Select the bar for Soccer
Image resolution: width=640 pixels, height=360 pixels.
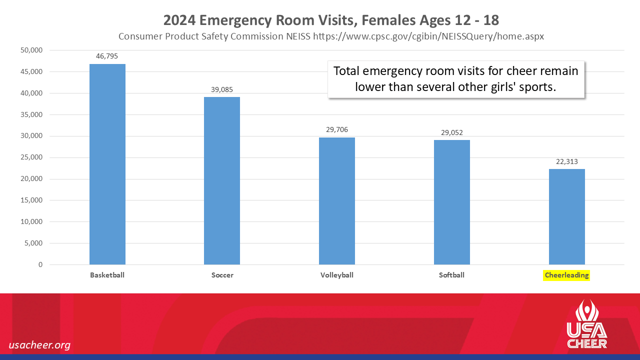click(222, 180)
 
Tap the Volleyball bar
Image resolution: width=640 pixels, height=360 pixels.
click(337, 201)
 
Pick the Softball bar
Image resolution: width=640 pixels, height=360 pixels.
click(452, 202)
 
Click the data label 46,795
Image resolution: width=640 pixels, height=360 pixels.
click(107, 56)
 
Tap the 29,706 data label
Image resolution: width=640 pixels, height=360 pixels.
click(337, 129)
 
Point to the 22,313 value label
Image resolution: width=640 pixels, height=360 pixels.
click(567, 161)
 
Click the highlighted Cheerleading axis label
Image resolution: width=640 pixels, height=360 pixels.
click(567, 275)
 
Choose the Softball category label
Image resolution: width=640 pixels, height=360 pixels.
click(452, 275)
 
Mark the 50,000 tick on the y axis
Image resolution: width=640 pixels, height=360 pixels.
click(32, 50)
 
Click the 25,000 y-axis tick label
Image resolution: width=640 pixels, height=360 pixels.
click(32, 157)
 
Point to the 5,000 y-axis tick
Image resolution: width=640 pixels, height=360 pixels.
click(34, 243)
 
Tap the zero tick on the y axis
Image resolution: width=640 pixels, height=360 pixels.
click(40, 264)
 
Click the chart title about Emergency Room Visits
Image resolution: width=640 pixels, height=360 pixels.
click(331, 20)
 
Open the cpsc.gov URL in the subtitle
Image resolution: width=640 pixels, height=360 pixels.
click(428, 36)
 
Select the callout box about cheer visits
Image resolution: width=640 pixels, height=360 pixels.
click(456, 78)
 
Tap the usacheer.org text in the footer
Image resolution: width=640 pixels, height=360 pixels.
click(39, 345)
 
